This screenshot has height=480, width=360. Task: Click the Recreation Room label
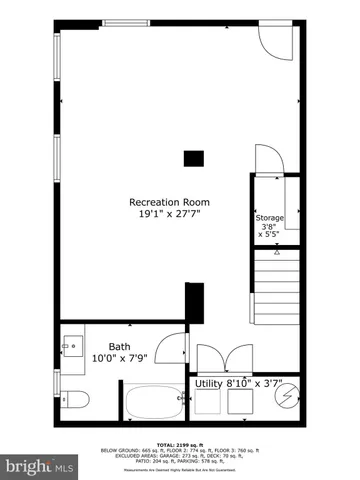pyautogui.click(x=168, y=203)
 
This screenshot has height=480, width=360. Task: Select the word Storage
pyautogui.click(x=269, y=217)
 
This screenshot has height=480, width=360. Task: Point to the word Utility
pyautogui.click(x=208, y=383)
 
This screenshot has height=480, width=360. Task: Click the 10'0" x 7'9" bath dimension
pyautogui.click(x=119, y=357)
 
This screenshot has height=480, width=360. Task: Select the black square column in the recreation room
pyautogui.click(x=193, y=157)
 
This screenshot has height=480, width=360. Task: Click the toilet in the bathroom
pyautogui.click(x=76, y=400)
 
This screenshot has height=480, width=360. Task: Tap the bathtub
pyautogui.click(x=153, y=406)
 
